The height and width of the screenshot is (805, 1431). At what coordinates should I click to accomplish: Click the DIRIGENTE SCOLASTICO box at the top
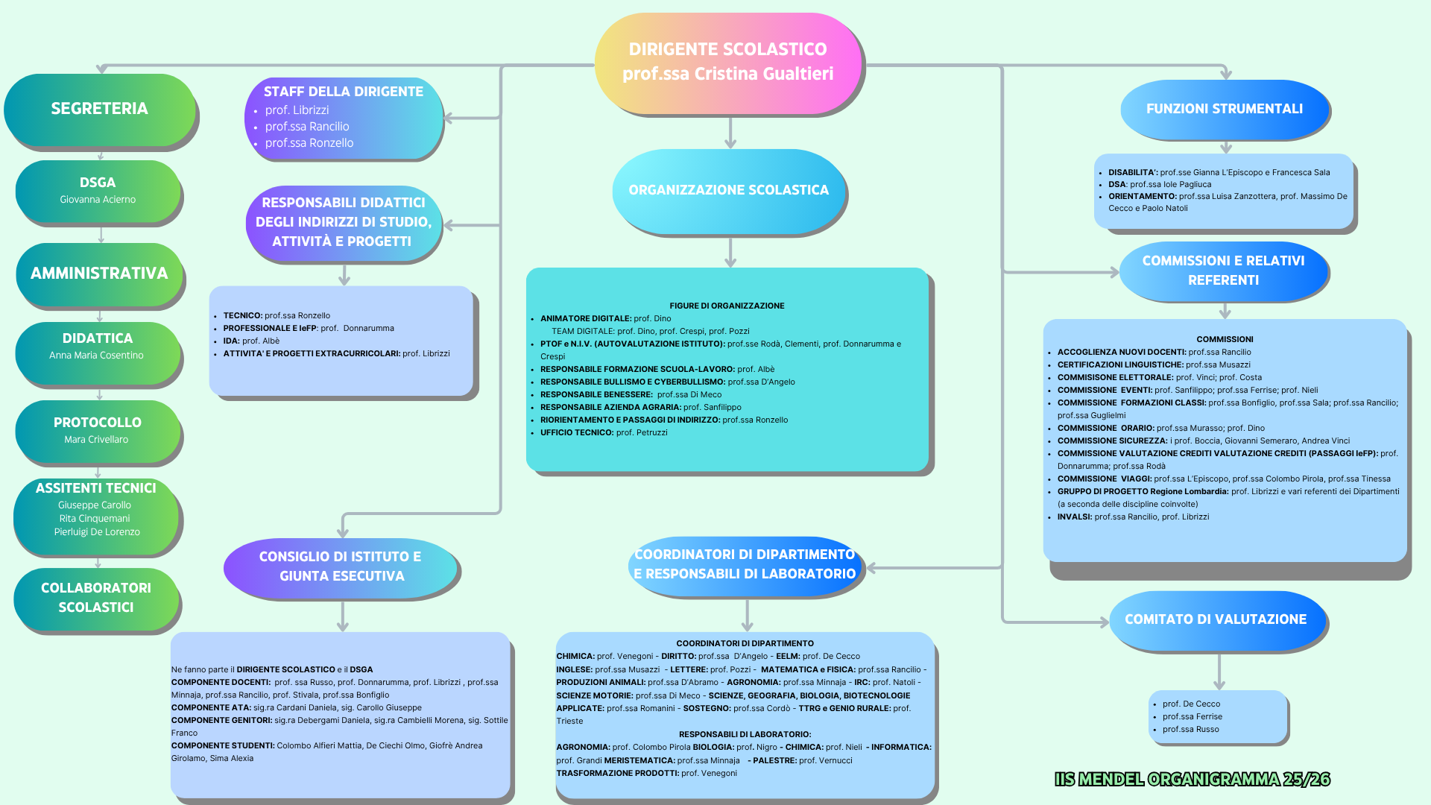coord(727,63)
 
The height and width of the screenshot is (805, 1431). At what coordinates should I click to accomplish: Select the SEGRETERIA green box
coord(100,109)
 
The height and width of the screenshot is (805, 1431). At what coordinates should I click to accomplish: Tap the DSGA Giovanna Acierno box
coord(98,190)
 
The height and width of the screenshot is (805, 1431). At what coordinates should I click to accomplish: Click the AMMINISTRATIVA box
coord(99,274)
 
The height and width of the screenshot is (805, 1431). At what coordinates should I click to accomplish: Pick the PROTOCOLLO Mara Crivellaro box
coord(97,430)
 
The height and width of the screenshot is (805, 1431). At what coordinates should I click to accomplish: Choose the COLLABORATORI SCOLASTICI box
coord(96,598)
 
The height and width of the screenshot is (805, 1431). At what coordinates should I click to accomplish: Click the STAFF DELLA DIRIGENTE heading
coord(344,92)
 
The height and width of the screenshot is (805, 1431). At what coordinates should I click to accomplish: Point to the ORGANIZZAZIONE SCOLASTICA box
coord(728,190)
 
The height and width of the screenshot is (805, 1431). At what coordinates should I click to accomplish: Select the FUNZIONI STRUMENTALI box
coord(1224,109)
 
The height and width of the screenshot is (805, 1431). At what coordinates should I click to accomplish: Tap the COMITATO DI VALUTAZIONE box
coord(1216,619)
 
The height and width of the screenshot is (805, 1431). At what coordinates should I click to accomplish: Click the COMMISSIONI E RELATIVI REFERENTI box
coord(1223,271)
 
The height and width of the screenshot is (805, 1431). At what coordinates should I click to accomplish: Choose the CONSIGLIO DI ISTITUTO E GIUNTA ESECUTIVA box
coord(340,566)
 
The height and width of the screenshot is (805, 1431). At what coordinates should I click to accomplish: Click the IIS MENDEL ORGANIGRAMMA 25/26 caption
coord(1192,780)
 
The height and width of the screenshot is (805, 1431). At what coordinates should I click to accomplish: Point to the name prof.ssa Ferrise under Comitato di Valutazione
coord(1192,717)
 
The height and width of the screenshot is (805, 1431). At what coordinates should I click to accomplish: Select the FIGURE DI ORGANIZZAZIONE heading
coord(727,306)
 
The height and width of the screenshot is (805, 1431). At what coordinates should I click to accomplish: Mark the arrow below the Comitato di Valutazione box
coord(1219,672)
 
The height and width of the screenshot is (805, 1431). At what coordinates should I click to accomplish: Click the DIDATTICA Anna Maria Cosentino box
coord(98,346)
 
